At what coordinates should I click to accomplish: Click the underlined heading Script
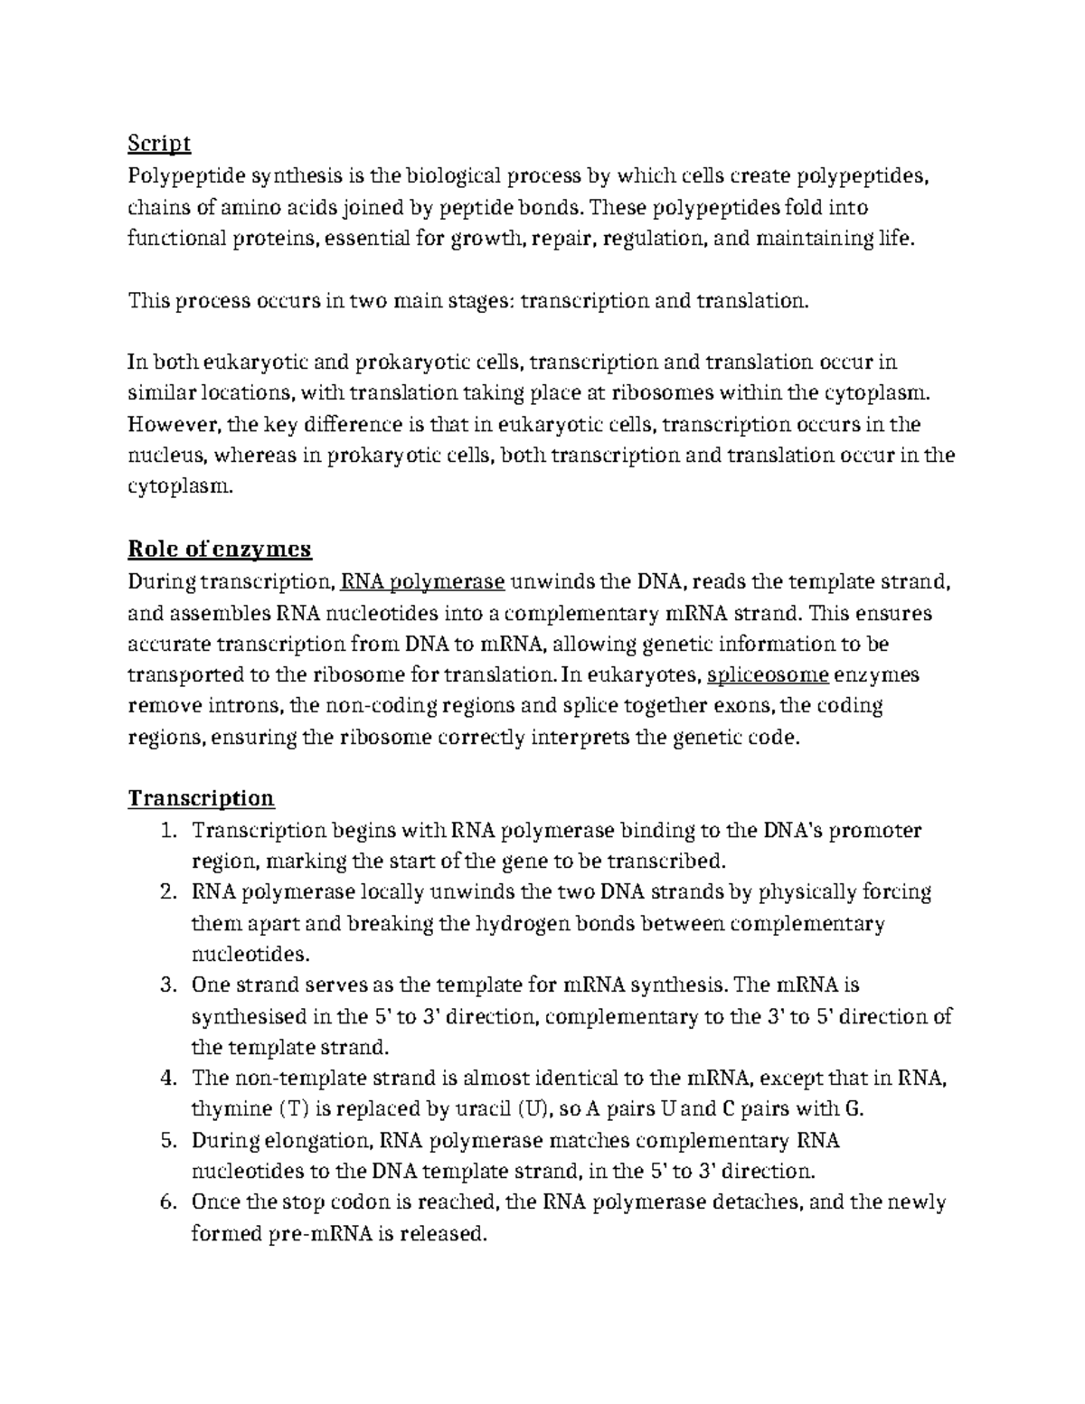click(159, 144)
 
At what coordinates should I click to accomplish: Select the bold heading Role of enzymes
click(220, 549)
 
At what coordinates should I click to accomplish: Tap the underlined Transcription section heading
click(201, 798)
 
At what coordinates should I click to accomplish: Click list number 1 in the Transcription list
click(167, 831)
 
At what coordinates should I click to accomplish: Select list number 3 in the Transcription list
click(167, 985)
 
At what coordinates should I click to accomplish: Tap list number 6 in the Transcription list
click(167, 1202)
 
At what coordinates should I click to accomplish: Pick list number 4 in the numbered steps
click(167, 1078)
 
